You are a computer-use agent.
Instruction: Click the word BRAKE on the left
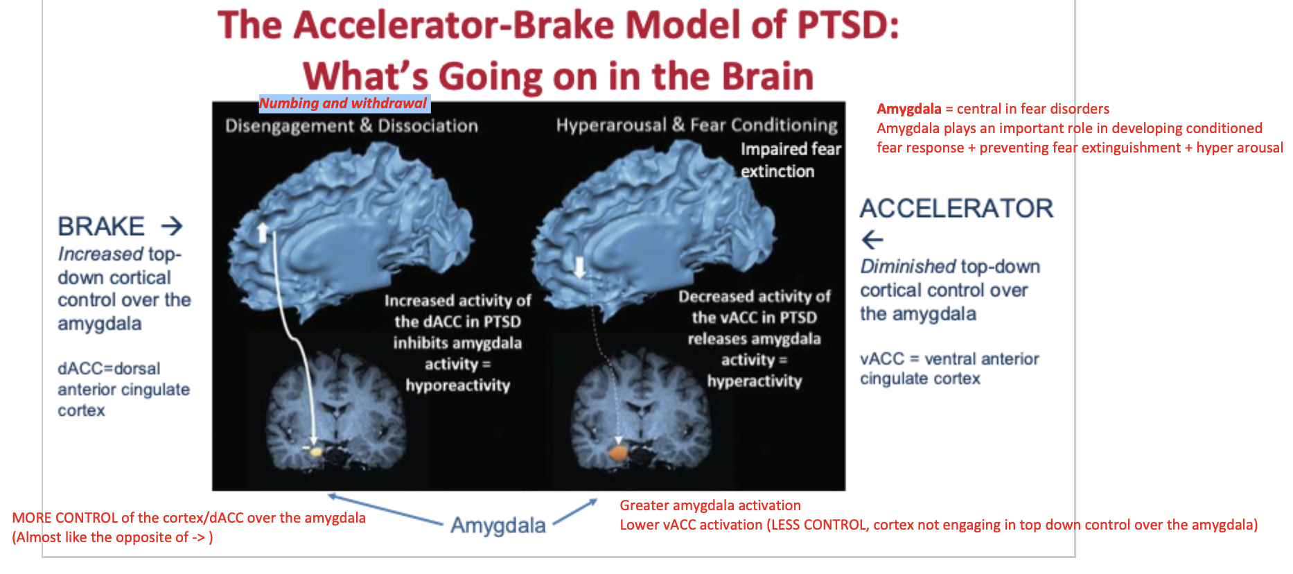point(101,227)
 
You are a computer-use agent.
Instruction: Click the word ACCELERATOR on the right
point(956,208)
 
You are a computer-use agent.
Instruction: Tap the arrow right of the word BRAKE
point(171,226)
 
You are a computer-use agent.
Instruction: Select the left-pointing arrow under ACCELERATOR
point(872,240)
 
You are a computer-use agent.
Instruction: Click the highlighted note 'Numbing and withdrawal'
point(344,103)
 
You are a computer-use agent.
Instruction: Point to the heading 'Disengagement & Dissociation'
point(351,125)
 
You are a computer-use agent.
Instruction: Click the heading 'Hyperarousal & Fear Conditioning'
point(696,125)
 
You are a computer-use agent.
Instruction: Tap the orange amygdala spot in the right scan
point(617,453)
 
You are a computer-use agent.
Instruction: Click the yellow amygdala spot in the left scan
point(316,451)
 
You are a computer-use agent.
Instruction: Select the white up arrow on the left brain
point(263,232)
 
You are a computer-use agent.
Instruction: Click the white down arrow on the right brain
point(579,266)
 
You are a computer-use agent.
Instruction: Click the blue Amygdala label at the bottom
point(498,525)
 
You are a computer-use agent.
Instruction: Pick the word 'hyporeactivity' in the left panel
point(457,385)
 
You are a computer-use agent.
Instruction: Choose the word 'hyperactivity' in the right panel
point(754,381)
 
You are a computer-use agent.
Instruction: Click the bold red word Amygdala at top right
point(908,109)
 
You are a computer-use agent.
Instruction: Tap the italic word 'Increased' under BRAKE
point(100,254)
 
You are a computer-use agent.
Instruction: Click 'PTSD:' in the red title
point(847,25)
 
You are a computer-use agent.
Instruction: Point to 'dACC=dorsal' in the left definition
point(109,368)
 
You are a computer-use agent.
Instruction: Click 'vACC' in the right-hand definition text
point(882,358)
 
